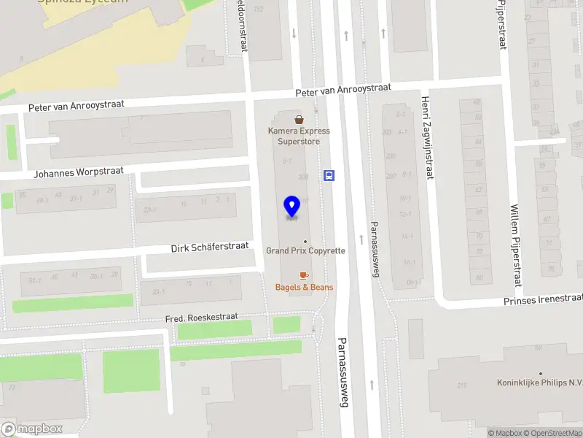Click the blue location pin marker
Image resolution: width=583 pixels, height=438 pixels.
tap(291, 207)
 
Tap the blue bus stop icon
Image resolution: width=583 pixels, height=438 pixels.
tap(329, 175)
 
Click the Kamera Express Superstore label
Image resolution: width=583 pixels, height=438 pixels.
tap(299, 136)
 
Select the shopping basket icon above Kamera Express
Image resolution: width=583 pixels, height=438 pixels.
tap(299, 119)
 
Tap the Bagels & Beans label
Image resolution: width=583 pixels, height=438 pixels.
tap(304, 287)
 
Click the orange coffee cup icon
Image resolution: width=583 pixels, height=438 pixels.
tap(304, 275)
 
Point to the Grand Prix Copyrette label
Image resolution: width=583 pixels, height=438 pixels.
tap(305, 250)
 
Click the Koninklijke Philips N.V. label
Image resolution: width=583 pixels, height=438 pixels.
tap(540, 383)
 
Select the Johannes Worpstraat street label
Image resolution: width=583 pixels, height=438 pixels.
tap(79, 173)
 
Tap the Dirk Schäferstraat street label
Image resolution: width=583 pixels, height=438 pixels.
tap(210, 247)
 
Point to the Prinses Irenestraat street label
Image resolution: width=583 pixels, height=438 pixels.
tap(544, 300)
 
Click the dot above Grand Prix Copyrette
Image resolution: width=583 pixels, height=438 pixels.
tap(305, 241)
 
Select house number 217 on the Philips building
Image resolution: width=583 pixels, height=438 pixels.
tap(461, 385)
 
